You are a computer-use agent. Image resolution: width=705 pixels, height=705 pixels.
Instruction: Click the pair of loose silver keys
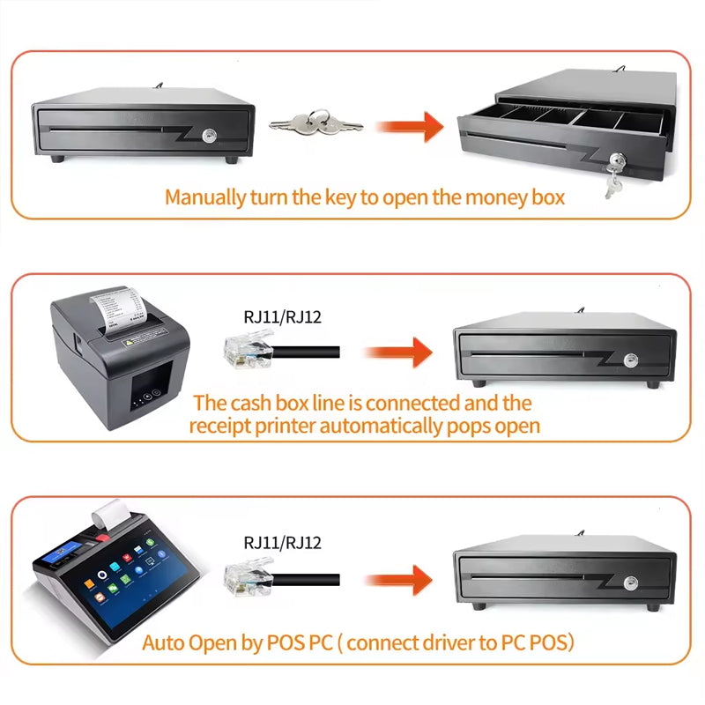[x=315, y=124]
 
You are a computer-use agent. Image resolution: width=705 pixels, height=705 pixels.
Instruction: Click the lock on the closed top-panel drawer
[x=210, y=137]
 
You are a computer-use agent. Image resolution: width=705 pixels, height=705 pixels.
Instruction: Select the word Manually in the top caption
[x=206, y=197]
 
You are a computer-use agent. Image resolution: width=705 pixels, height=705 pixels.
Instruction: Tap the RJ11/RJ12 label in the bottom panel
[x=282, y=543]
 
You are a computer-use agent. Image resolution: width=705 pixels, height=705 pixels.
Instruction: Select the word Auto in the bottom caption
[x=164, y=642]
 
